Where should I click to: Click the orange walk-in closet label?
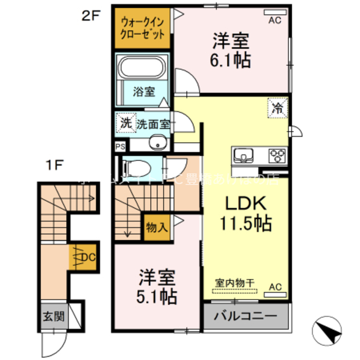(143, 28)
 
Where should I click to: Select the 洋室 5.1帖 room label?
(158, 286)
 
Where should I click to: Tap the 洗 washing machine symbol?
(125, 123)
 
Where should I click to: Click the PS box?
(120, 146)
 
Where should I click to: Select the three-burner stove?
(277, 154)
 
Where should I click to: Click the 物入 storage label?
(156, 228)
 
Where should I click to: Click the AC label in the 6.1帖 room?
(274, 20)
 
